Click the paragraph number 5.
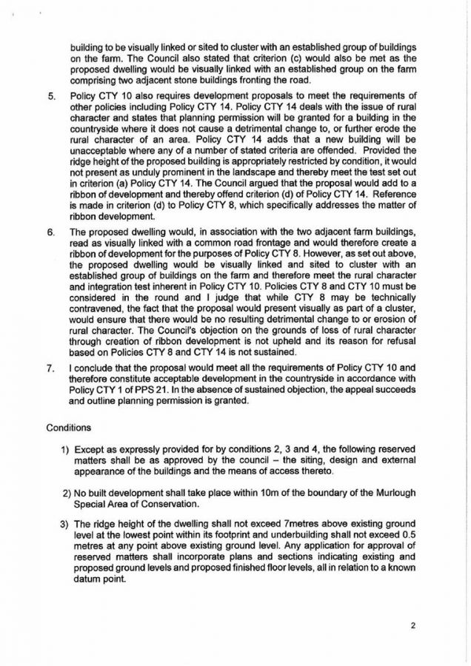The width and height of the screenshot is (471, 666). pyautogui.click(x=50, y=96)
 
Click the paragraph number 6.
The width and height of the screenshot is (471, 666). pyautogui.click(x=50, y=232)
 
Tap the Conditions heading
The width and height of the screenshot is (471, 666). pyautogui.click(x=70, y=428)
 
